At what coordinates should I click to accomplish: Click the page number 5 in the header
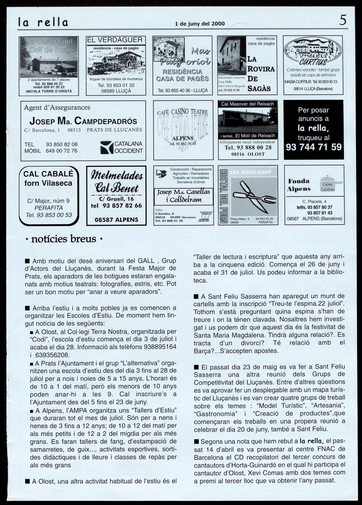point(343,20)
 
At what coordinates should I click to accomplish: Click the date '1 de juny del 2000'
point(200,24)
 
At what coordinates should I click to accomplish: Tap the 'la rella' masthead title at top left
point(43,22)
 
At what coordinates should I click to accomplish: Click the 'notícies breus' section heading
point(64,239)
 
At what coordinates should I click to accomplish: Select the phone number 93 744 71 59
point(314,147)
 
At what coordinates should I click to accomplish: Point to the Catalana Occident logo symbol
point(107,147)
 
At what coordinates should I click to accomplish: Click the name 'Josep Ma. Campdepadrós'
point(83,121)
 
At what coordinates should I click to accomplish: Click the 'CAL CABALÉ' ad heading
point(48,174)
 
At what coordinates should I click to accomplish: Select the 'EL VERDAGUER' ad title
point(115,40)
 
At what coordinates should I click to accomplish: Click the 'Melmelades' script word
point(116,176)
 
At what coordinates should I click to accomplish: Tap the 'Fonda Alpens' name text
point(299,185)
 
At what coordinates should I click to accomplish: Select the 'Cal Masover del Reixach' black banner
point(248,104)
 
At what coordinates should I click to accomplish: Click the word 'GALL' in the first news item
point(146,261)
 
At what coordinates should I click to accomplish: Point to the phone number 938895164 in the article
point(160,347)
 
